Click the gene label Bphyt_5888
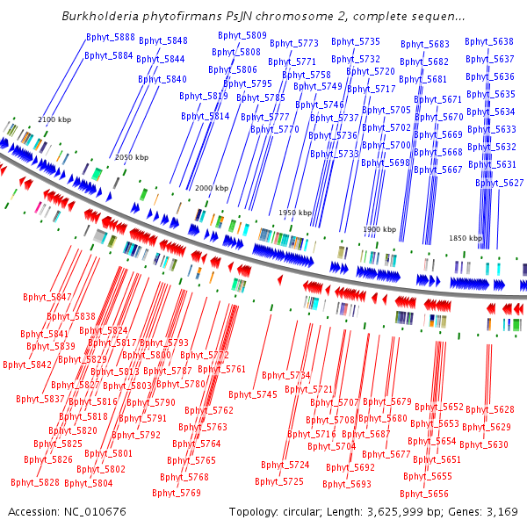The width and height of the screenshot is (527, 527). pos(111,37)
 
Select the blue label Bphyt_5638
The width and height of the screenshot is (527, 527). pos(489,41)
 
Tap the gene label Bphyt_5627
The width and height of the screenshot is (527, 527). pos(499,183)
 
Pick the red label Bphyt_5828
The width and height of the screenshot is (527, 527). pos(35,482)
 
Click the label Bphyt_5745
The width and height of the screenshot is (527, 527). pos(255,394)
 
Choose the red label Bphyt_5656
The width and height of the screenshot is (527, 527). pos(425,494)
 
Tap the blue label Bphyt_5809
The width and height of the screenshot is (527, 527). pos(242,35)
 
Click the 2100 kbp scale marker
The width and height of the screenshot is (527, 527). pos(54,119)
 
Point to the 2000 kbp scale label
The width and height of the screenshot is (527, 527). pos(211,188)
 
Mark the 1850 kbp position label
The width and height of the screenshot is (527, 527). pos(465,238)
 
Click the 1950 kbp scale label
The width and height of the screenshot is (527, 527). pos(295,213)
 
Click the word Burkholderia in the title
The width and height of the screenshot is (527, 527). pos(103,16)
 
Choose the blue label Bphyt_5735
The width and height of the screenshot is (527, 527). pos(356,41)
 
